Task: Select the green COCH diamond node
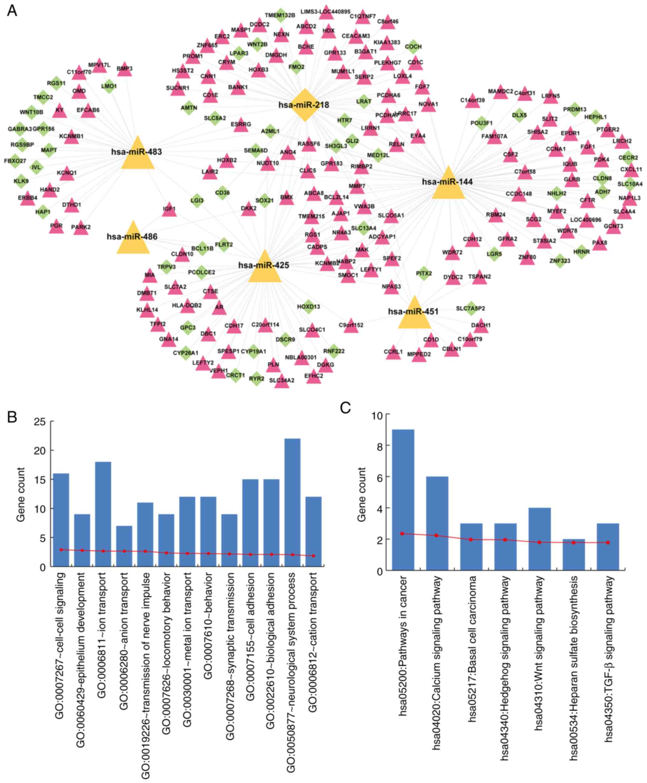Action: (413, 47)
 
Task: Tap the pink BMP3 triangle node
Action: (124, 69)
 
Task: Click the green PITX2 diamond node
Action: (423, 274)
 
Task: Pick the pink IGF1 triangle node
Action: (169, 210)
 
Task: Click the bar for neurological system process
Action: (293, 503)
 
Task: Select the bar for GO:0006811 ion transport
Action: (103, 514)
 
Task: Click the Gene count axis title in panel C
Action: (361, 494)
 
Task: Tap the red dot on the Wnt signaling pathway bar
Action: (539, 542)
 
